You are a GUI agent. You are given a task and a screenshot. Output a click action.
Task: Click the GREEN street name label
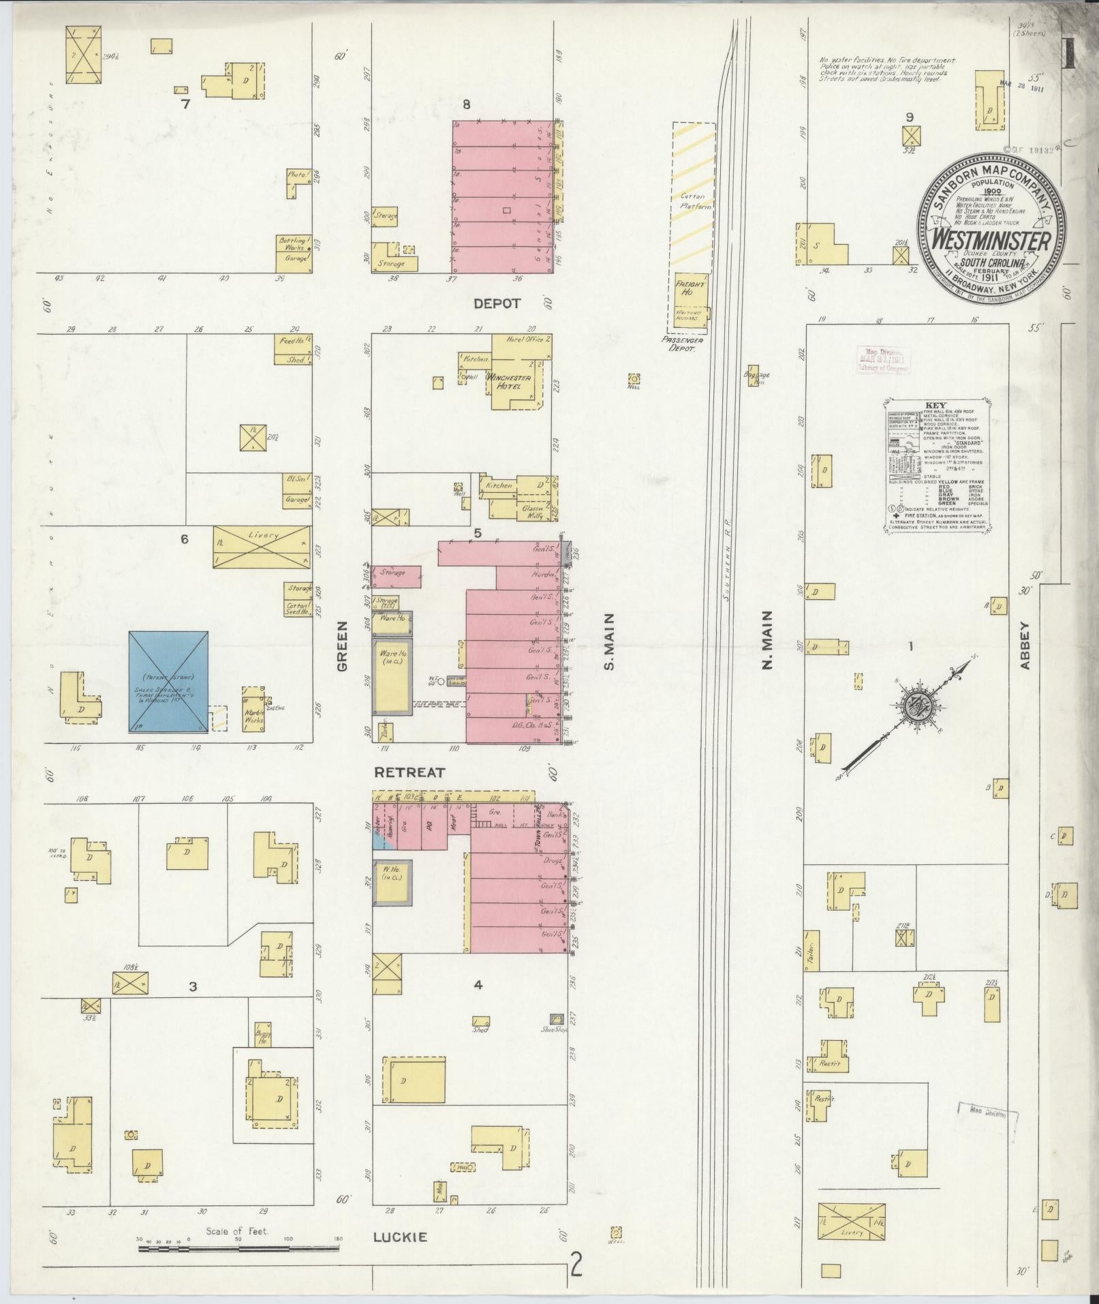pos(342,646)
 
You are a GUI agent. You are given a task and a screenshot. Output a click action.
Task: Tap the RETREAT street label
pos(409,773)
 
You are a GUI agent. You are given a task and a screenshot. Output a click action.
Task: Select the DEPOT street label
pos(497,304)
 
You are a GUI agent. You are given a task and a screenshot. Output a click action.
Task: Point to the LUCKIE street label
pos(400,1237)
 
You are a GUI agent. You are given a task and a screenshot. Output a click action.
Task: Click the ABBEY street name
pos(1026,644)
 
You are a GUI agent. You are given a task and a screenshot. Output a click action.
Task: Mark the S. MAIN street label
pos(609,641)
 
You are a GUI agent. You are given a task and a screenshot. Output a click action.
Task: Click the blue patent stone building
pos(169,682)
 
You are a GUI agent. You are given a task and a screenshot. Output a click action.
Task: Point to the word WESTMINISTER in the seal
pos(991,241)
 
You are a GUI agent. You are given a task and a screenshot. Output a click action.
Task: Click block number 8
pos(467,104)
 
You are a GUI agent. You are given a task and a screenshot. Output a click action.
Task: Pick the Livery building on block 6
pos(262,547)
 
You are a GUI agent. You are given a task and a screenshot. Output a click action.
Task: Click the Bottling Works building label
pos(294,245)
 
